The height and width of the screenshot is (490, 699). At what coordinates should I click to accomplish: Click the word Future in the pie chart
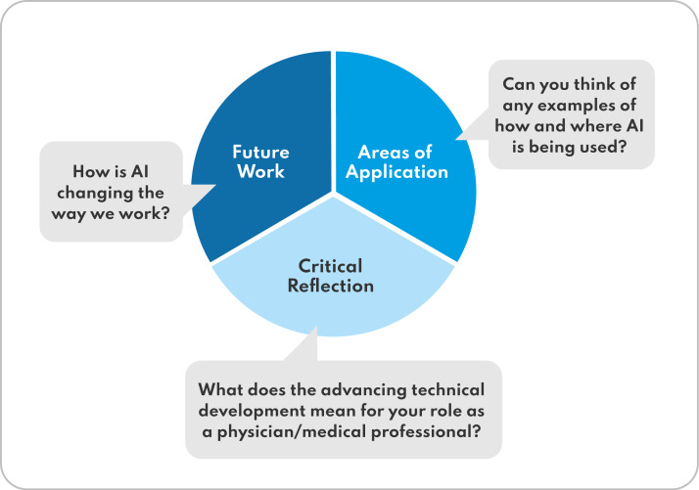(258, 152)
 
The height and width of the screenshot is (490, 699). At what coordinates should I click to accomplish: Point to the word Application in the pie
(401, 172)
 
